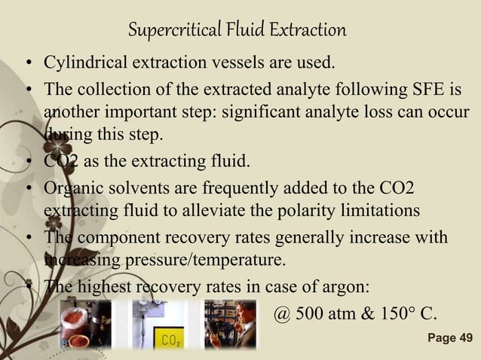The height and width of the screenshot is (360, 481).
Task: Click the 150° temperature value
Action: coord(399,313)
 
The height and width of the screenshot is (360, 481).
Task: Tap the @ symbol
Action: coord(281,313)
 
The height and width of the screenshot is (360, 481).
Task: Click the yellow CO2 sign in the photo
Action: coord(170,340)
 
